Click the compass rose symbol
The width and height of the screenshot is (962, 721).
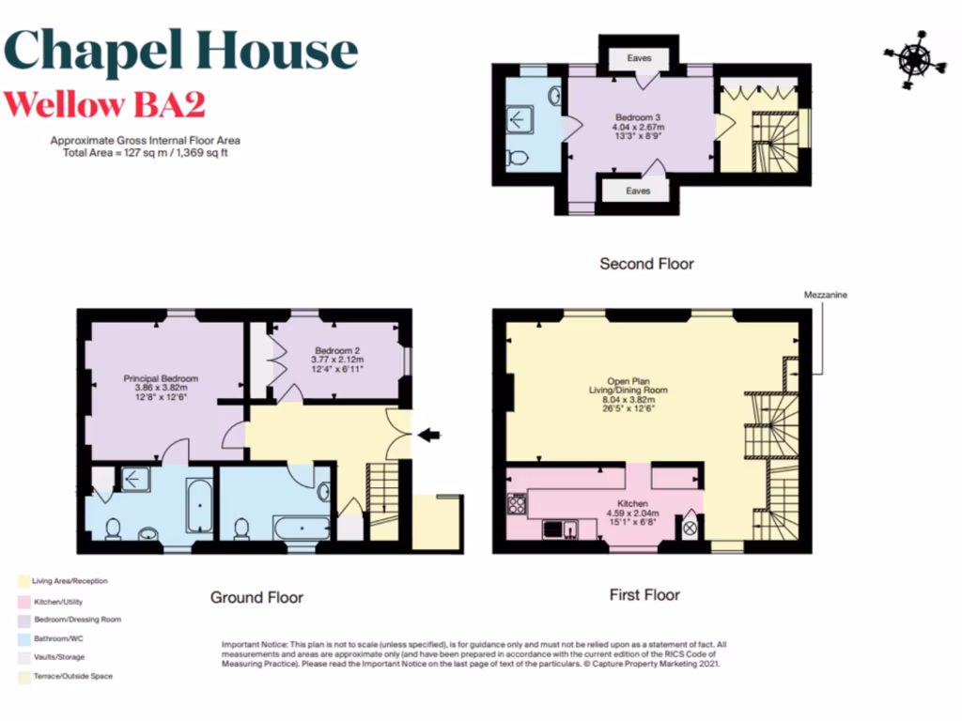(x=913, y=58)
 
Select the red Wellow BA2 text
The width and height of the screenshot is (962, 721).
(x=104, y=104)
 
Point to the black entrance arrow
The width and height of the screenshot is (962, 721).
(x=428, y=434)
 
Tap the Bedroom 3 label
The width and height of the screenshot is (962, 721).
(x=639, y=116)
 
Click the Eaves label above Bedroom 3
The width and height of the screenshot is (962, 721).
(x=639, y=58)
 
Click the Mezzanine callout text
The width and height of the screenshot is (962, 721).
(x=826, y=295)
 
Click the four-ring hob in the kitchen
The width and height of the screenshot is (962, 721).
(x=517, y=505)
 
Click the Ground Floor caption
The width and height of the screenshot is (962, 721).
(x=256, y=597)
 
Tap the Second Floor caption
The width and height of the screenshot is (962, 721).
(x=646, y=264)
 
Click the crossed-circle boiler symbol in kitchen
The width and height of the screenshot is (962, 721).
(x=689, y=529)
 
